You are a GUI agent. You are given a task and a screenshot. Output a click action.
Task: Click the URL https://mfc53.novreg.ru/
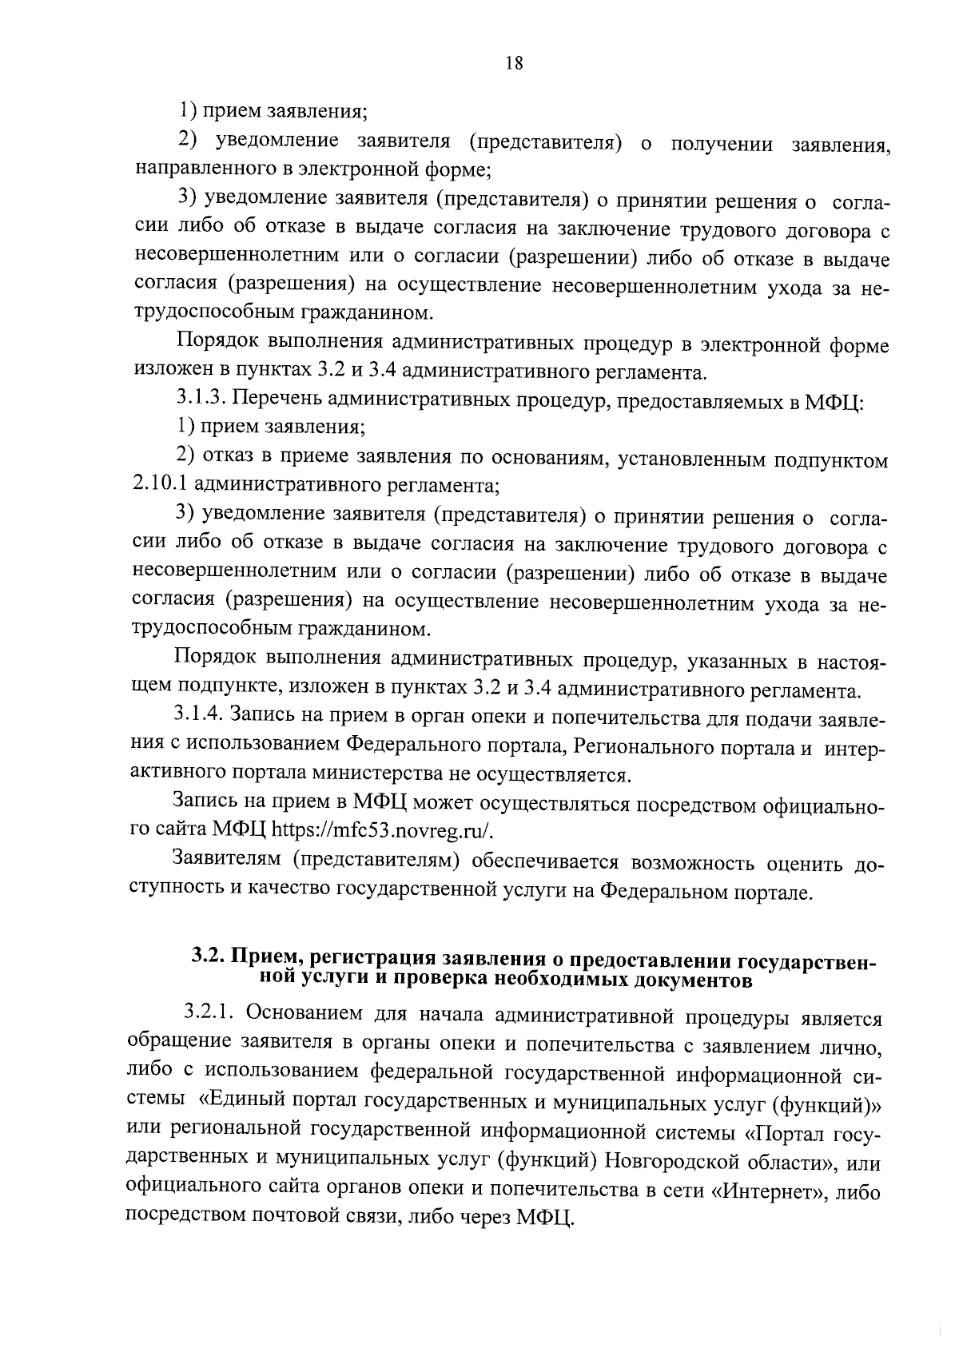384,830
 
